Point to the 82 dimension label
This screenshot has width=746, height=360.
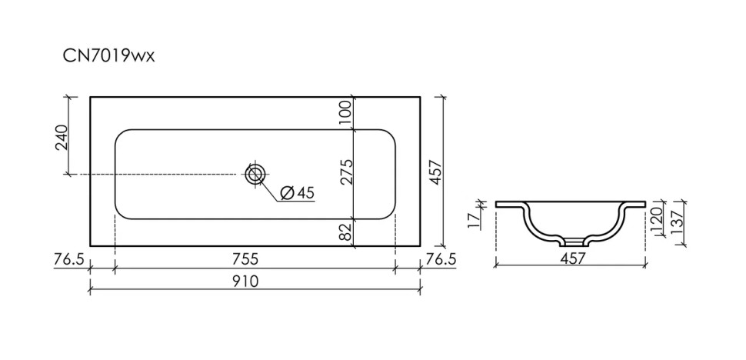click(345, 232)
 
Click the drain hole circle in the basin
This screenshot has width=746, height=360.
click(255, 174)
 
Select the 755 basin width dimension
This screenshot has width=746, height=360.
click(255, 259)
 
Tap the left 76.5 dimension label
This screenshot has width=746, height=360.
click(69, 259)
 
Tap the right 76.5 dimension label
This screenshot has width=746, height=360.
click(441, 259)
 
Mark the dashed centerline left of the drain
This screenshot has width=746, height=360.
click(154, 175)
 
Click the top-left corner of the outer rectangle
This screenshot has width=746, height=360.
click(91, 97)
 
